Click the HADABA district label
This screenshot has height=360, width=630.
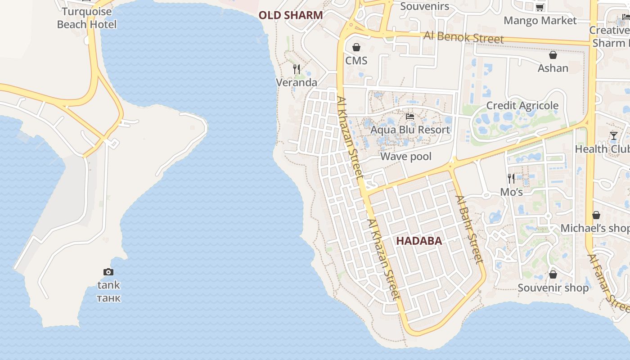[419, 241]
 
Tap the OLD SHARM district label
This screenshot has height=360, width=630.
[291, 15]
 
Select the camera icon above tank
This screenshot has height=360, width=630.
[108, 272]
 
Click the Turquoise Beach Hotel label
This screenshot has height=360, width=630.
[87, 18]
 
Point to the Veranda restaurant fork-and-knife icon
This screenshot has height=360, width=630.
[297, 69]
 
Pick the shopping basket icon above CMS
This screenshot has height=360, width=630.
[356, 47]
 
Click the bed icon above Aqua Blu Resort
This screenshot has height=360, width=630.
[410, 117]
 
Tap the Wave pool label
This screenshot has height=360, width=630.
[406, 156]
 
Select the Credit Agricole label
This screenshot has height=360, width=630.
[522, 105]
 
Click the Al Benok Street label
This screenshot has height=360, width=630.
[464, 37]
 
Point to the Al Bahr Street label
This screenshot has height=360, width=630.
[469, 229]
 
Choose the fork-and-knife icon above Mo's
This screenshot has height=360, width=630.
[511, 179]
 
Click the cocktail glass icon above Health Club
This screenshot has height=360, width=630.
[614, 135]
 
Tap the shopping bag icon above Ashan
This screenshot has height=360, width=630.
[553, 55]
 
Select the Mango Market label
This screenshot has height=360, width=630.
[540, 20]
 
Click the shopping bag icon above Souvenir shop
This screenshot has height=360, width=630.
[553, 274]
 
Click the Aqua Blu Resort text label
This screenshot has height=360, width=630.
[410, 130]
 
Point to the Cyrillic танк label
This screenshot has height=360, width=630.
[109, 298]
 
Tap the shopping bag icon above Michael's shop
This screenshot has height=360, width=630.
[596, 215]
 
